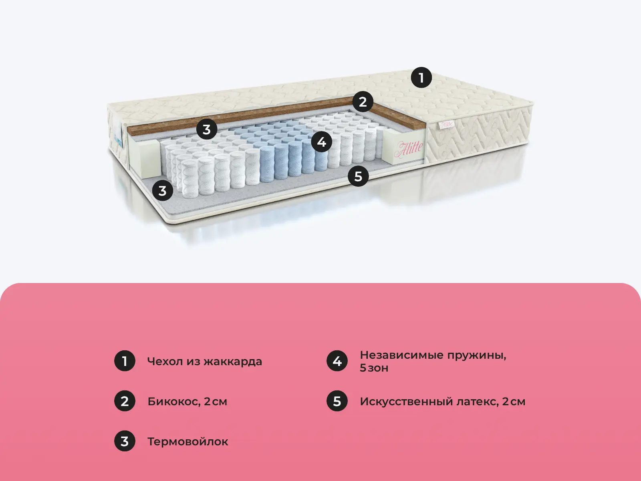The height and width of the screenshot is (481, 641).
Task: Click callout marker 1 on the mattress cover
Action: coord(421,77)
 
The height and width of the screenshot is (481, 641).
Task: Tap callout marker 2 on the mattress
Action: coord(363,102)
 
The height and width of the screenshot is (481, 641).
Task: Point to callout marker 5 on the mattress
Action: coord(358,176)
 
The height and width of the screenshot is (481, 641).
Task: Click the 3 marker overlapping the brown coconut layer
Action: coord(206,129)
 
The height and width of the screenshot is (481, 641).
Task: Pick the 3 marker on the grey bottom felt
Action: coord(162,191)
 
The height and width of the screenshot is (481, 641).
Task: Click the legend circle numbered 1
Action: coord(125,361)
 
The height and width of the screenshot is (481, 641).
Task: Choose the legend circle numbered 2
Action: coord(125,401)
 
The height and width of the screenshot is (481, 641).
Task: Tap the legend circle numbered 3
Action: coord(125,441)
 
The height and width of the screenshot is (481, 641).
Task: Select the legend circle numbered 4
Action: coord(337,361)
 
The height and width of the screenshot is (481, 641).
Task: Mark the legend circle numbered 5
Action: coord(337,401)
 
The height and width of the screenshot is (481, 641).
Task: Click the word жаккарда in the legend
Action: coord(233,362)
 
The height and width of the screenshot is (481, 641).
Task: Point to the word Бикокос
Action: coord(173,402)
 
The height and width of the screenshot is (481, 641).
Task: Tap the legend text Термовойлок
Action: coord(187,442)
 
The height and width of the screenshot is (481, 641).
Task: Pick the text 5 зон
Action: coord(374,368)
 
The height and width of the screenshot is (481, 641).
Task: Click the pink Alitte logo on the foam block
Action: coord(408,149)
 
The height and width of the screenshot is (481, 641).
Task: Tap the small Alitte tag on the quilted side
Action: coord(446,124)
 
